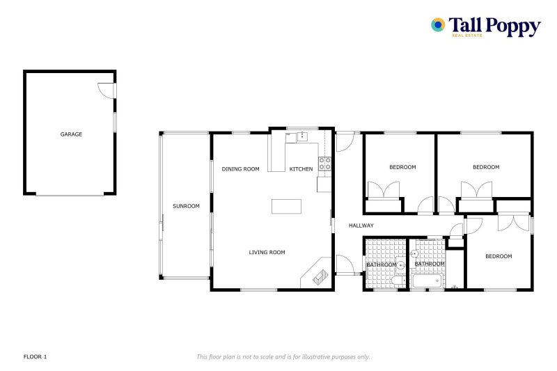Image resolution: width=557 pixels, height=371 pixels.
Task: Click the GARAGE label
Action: coord(71,134)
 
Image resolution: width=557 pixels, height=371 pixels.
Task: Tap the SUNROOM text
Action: coord(186,206)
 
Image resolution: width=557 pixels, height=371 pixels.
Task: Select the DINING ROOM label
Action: coord(240,169)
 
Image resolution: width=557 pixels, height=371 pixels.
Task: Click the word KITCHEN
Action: coord(301,169)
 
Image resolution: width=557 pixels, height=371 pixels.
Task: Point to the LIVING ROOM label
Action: coord(267,252)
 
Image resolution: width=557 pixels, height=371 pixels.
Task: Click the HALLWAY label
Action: coord(361,226)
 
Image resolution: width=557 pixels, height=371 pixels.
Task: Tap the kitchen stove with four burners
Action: coord(324,164)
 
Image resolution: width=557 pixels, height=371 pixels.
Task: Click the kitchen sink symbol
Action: coord(302,136)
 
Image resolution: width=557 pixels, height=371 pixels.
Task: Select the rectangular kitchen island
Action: coord(287,207)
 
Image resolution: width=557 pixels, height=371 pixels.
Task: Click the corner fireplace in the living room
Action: coord(318,274)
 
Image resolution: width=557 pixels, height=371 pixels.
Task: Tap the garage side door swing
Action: coord(106,90)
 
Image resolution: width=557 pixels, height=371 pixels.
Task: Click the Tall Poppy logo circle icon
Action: coord(438,25)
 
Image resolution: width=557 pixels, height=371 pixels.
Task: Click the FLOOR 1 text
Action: coord(35,356)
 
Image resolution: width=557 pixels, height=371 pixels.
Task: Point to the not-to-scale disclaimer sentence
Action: coord(283,356)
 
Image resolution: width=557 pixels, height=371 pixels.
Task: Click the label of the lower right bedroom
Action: coord(499,256)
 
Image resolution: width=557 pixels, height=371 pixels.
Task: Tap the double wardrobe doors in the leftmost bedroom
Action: coord(383,191)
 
